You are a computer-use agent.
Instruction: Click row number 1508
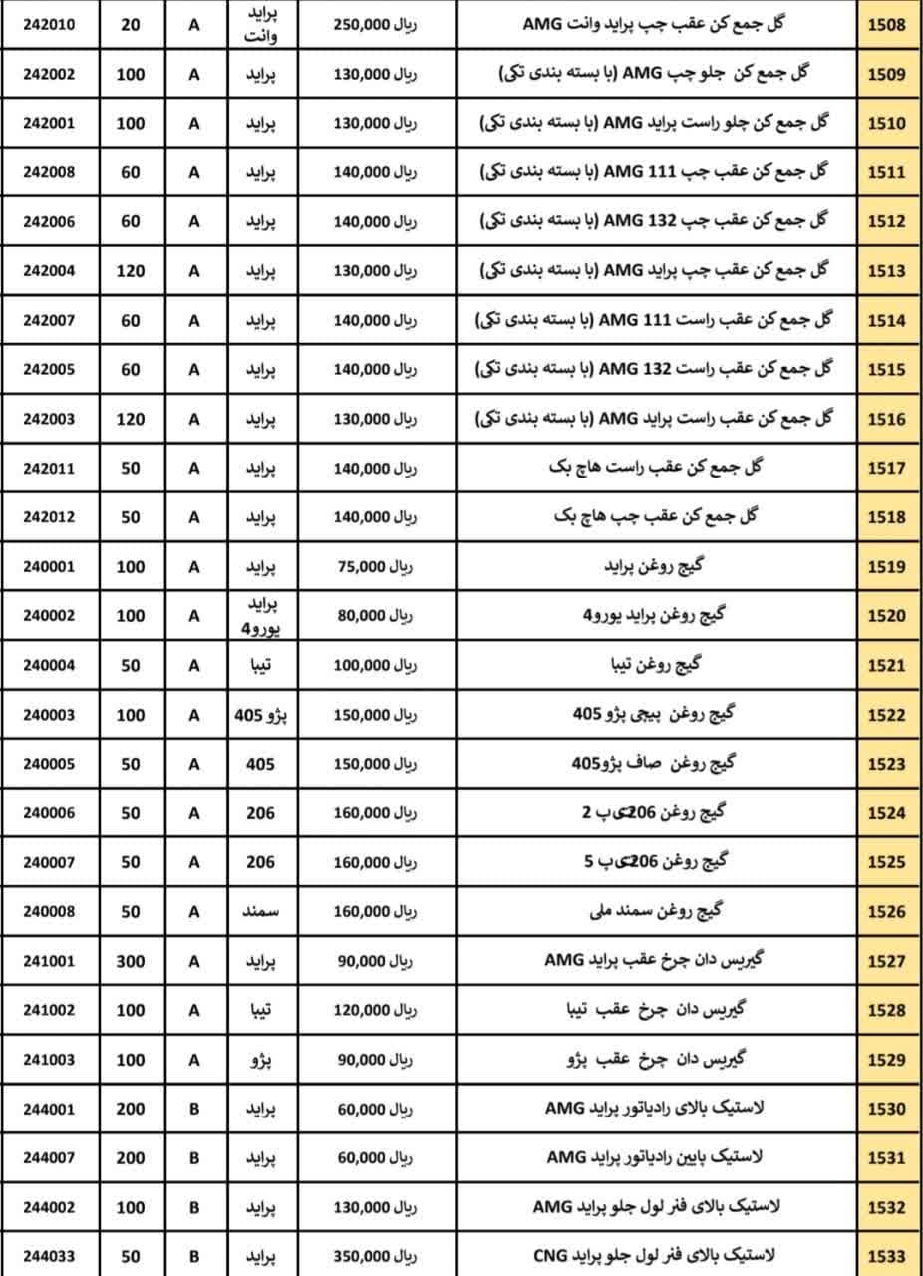coord(886,24)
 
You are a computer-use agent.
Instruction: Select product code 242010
coord(49,24)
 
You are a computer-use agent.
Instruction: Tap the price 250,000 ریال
coord(375,24)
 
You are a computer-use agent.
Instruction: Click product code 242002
coord(49,74)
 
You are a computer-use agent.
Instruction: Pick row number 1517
coord(886,468)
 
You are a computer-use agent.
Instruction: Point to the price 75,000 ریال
coord(375,566)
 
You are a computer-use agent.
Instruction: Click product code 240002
coord(49,616)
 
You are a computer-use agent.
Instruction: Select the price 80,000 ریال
coord(375,616)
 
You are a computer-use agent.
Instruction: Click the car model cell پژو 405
coord(261,715)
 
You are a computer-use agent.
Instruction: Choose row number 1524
coord(886,813)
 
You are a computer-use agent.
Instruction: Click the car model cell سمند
coord(261,912)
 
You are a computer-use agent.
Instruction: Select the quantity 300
coord(131,961)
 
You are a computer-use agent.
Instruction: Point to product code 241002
coord(49,1010)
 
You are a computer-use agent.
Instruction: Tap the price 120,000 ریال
coord(375,1010)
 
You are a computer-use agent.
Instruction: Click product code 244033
coord(49,1257)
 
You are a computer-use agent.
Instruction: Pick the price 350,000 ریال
coord(375,1257)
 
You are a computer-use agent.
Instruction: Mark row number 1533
coord(886,1257)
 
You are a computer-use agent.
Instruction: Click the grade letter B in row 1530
coord(194,1109)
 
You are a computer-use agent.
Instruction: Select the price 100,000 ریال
coord(375,665)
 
